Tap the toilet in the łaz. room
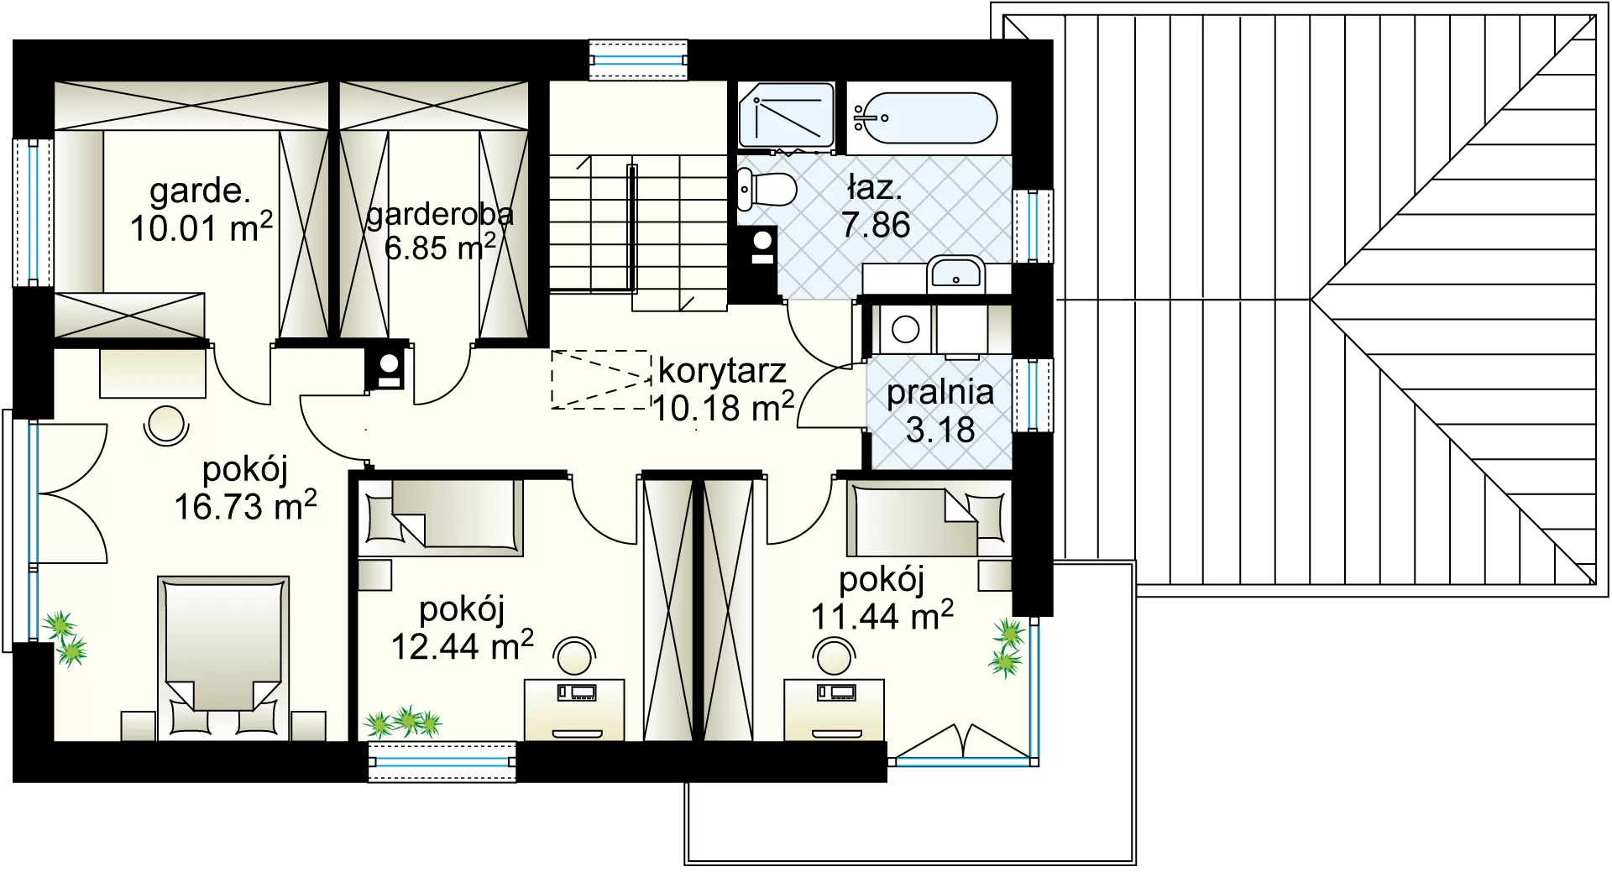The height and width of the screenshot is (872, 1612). tap(766, 189)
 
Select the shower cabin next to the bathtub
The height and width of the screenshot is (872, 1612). tap(786, 116)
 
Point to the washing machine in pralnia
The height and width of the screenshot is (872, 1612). tap(903, 329)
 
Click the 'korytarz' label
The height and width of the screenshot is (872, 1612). tap(722, 370)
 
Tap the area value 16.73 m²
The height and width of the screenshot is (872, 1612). tap(245, 507)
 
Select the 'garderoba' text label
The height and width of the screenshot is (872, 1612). tap(440, 215)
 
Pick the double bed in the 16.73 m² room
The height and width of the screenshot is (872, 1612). tap(223, 658)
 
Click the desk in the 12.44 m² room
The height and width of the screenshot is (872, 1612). tap(574, 710)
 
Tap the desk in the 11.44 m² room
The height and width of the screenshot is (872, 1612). tap(834, 710)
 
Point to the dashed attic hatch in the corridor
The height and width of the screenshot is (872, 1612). tap(601, 379)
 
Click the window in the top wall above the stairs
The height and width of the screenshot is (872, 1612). tap(638, 60)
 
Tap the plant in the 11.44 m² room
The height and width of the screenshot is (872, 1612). tap(1007, 647)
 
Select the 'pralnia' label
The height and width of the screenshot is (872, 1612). tap(940, 393)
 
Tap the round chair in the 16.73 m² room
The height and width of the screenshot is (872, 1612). tap(165, 425)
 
